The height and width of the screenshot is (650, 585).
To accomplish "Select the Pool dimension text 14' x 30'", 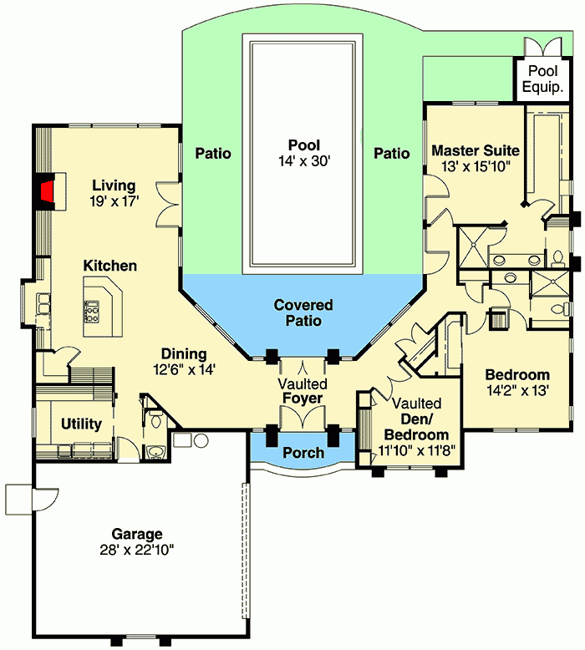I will pyautogui.click(x=302, y=161).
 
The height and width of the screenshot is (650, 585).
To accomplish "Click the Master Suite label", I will pyautogui.click(x=476, y=151).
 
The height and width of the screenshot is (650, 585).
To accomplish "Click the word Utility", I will pyautogui.click(x=82, y=424).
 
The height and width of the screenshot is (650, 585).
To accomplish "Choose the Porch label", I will pyautogui.click(x=303, y=453).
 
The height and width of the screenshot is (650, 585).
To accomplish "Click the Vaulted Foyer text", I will pyautogui.click(x=303, y=391).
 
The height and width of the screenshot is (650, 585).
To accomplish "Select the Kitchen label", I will pyautogui.click(x=110, y=266).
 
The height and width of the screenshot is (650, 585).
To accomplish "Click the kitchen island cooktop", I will pyautogui.click(x=90, y=312).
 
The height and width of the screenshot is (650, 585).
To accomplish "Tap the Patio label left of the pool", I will pyautogui.click(x=213, y=154).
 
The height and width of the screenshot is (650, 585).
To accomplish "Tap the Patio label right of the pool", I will pyautogui.click(x=391, y=154).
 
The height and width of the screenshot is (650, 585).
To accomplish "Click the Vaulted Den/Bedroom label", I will pyautogui.click(x=416, y=419).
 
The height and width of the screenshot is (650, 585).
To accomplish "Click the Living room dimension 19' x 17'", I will pyautogui.click(x=114, y=201).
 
